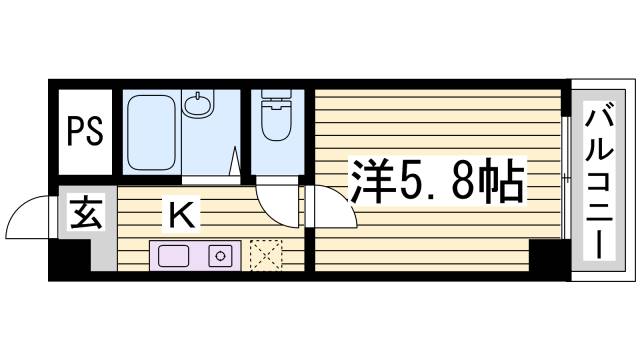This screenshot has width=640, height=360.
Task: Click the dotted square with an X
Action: [x=266, y=255]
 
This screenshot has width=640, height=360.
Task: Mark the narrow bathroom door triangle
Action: [x=235, y=162]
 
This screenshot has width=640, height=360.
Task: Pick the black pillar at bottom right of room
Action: [x=547, y=258]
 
